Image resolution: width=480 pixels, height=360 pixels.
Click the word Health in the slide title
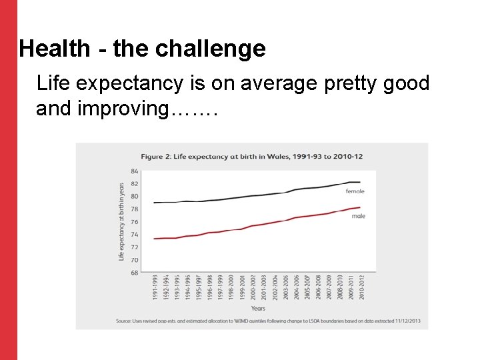[x=54, y=49]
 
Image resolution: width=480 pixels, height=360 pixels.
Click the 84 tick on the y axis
[x=134, y=171]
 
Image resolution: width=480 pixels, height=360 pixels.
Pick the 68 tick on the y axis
[x=134, y=273]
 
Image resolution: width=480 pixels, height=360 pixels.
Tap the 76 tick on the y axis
[x=134, y=222]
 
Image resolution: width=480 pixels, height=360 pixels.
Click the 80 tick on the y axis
[x=134, y=197]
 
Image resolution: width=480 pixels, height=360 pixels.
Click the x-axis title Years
[x=258, y=308]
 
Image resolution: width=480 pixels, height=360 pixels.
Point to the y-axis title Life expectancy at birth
[x=122, y=221]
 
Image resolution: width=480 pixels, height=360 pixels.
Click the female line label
[x=355, y=191]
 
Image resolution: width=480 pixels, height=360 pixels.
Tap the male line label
[x=358, y=216]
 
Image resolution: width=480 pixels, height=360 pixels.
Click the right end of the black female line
[x=360, y=182]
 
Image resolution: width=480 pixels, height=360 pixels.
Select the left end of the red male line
[x=154, y=239]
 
